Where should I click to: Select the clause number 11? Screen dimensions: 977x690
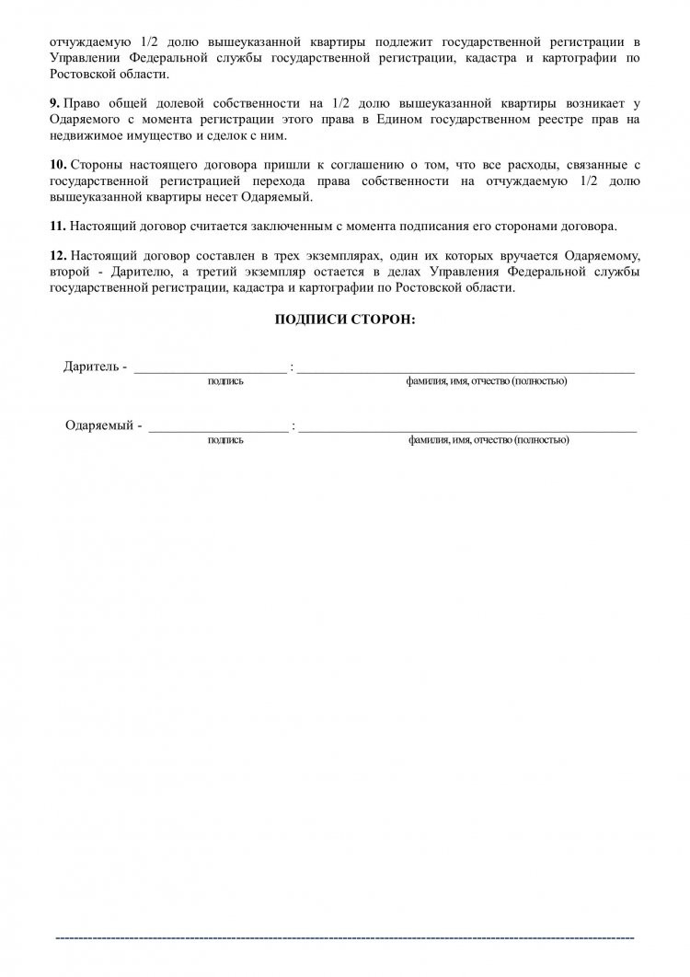tap(57, 226)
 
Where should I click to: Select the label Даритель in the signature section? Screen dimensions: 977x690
tap(91, 366)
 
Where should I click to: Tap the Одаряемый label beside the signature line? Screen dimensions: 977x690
tap(99, 425)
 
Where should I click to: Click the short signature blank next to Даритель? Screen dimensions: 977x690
tap(210, 370)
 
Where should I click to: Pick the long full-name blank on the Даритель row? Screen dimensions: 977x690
tap(466, 370)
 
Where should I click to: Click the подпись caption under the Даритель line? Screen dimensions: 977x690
tap(225, 381)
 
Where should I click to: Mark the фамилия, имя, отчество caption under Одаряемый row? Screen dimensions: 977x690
tap(489, 440)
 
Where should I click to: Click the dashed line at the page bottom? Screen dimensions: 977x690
tap(345, 937)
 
